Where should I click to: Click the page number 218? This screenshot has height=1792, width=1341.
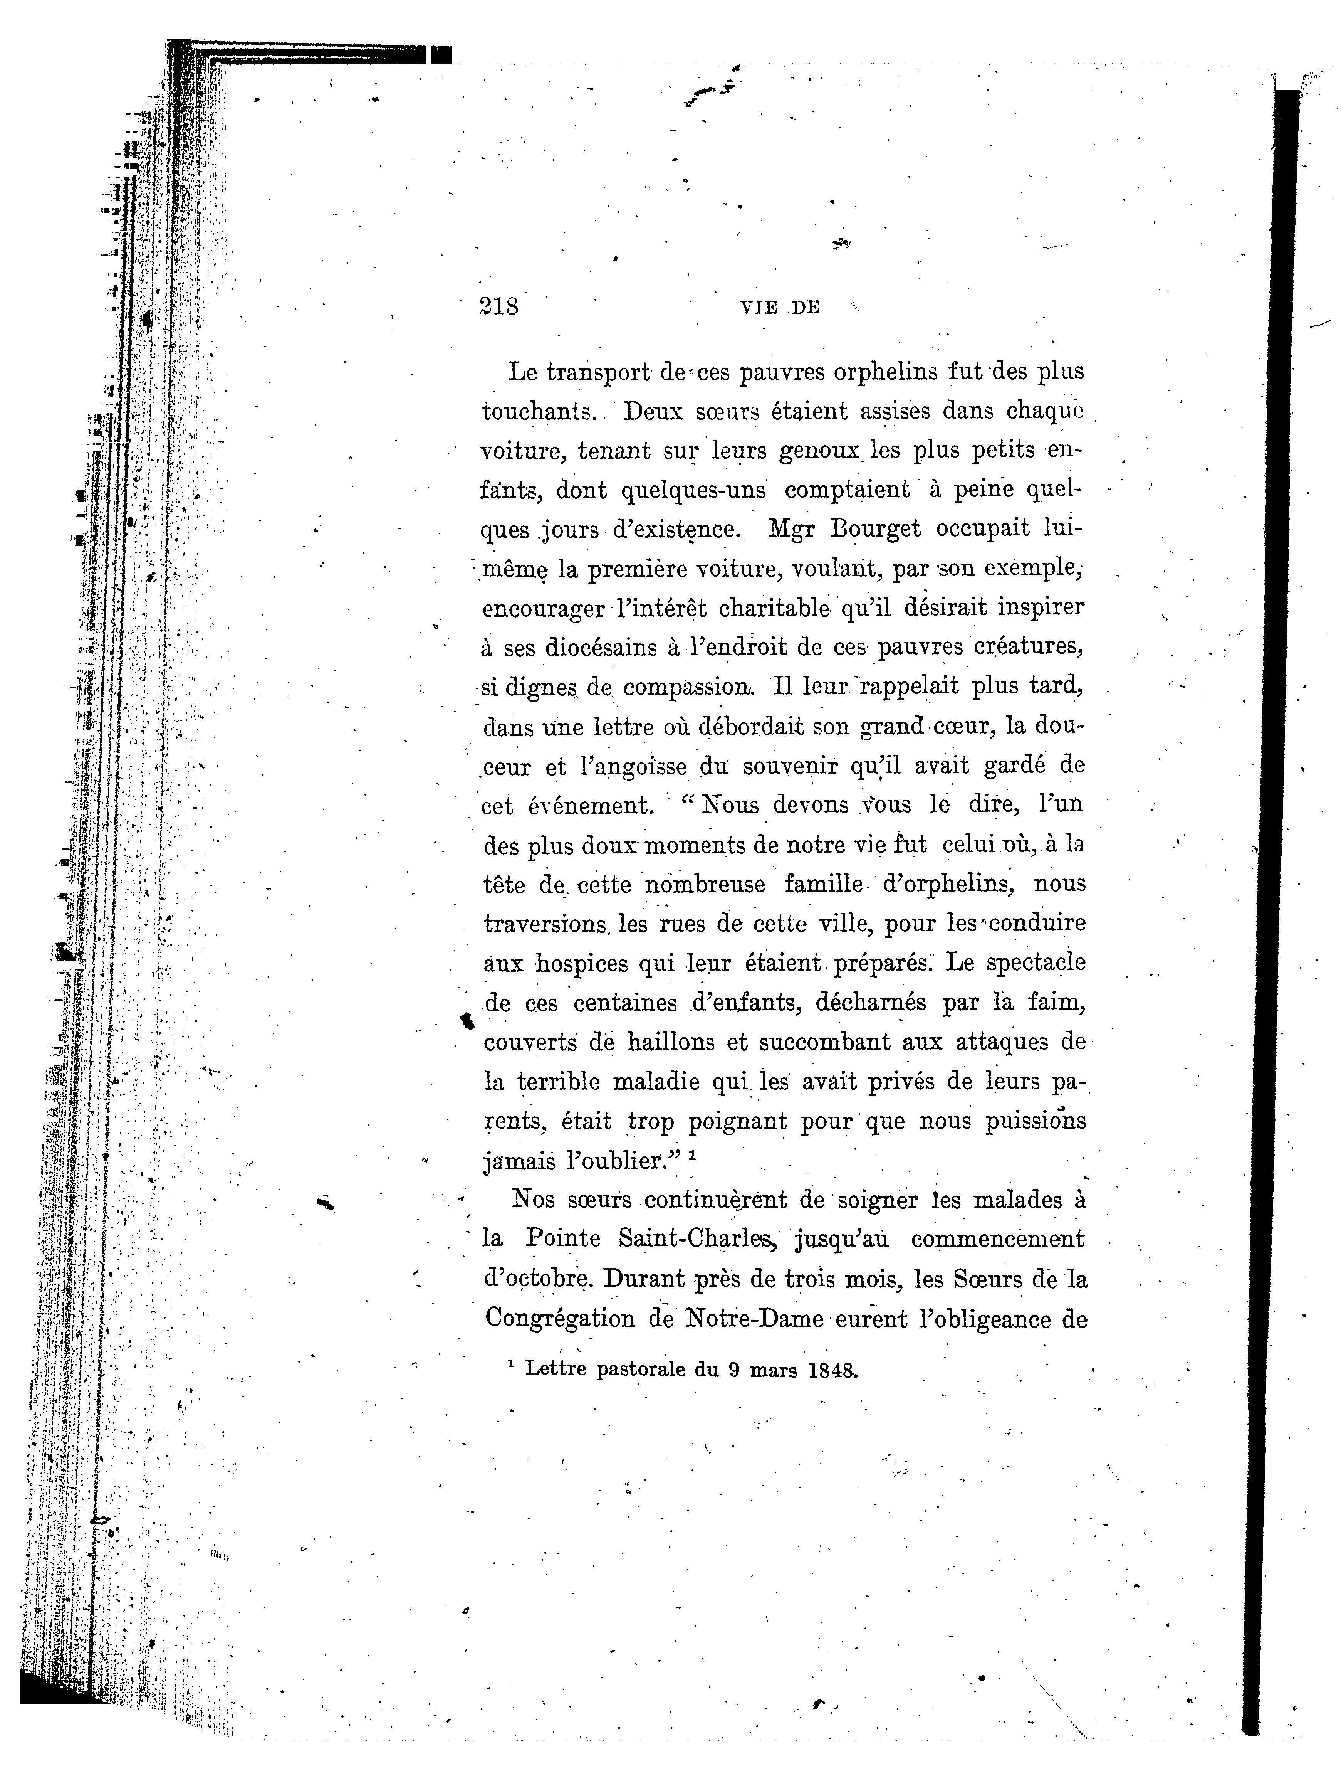tap(499, 306)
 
